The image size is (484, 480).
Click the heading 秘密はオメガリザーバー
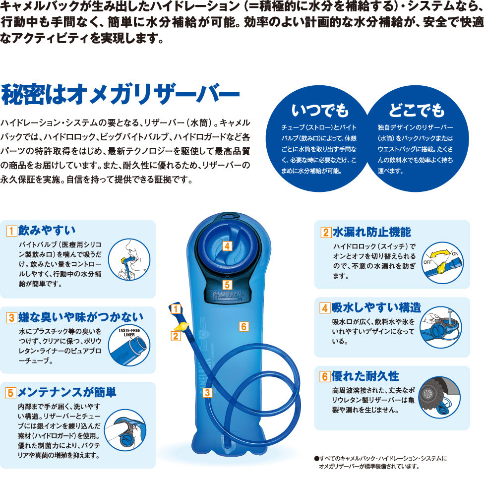tap(121, 94)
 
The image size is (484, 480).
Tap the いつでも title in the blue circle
tap(320, 111)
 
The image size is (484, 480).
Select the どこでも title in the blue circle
tap(416, 111)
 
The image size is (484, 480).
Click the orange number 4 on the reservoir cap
tap(227, 246)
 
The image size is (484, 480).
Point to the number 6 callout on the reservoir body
tap(244, 327)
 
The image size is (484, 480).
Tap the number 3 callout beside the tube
tap(207, 393)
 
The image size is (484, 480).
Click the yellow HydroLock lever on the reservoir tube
tap(181, 326)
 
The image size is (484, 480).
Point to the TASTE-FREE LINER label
tap(129, 332)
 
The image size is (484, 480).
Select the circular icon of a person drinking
tap(129, 260)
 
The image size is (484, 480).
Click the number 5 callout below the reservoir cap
tap(227, 285)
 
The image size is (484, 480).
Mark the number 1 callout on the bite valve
tap(176, 309)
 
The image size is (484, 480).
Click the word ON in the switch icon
tap(455, 254)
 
